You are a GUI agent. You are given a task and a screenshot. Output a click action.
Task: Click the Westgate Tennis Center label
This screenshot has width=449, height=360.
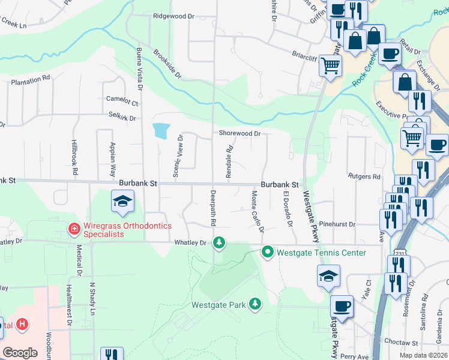click(x=321, y=253)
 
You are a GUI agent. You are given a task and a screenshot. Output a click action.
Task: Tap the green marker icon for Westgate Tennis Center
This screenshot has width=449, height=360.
click(x=268, y=252)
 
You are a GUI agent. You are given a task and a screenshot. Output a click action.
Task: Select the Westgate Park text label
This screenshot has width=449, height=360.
click(x=218, y=305)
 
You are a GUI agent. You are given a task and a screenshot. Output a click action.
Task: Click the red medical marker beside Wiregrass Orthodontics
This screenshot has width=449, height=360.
click(x=74, y=229)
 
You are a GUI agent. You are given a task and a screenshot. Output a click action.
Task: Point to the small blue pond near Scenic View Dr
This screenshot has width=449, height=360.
click(x=161, y=130)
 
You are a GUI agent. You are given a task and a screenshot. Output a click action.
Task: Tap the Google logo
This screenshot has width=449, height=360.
click(x=20, y=353)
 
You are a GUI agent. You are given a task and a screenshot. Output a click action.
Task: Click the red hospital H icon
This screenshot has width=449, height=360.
click(x=22, y=325)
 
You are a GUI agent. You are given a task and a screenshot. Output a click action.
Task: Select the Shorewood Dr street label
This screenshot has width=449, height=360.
click(x=240, y=134)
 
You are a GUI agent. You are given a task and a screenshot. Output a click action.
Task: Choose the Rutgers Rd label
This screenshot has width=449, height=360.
click(x=364, y=176)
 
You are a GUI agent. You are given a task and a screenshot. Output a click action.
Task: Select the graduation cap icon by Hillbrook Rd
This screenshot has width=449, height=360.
click(x=122, y=202)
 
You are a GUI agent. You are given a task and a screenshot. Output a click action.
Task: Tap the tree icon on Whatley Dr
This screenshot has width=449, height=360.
click(x=220, y=242)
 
